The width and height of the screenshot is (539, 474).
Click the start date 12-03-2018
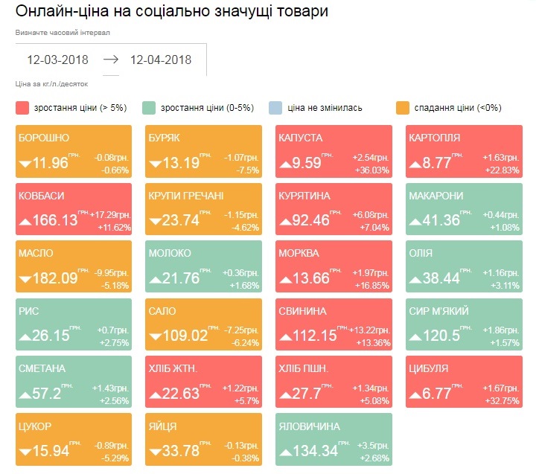[58, 60]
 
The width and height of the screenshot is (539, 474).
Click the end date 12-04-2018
[161, 60]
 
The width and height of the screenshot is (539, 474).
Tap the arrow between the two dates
[110, 60]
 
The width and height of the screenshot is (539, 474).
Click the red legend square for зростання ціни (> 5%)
[22, 108]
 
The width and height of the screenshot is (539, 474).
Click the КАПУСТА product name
[300, 138]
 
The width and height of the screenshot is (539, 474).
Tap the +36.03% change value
[372, 170]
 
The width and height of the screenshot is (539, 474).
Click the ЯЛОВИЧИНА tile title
[309, 426]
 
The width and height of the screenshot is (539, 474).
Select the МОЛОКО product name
[170, 254]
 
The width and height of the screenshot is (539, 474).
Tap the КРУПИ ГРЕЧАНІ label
[185, 196]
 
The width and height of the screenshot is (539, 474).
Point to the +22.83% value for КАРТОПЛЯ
[502, 170]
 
